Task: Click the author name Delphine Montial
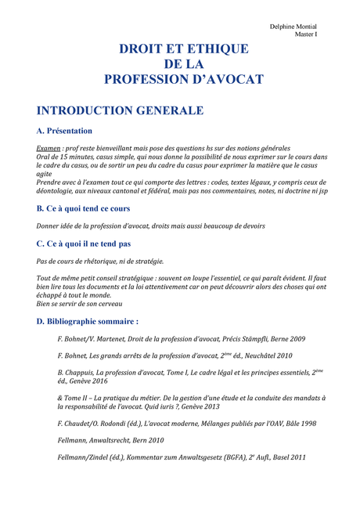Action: pos(304,27)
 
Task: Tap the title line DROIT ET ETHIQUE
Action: pos(183,49)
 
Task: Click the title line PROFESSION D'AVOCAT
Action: pos(183,79)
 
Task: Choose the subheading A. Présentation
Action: pos(65,131)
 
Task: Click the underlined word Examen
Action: pos(50,149)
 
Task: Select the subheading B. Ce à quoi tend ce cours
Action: pos(84,209)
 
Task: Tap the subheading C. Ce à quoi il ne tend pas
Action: pos(84,244)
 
